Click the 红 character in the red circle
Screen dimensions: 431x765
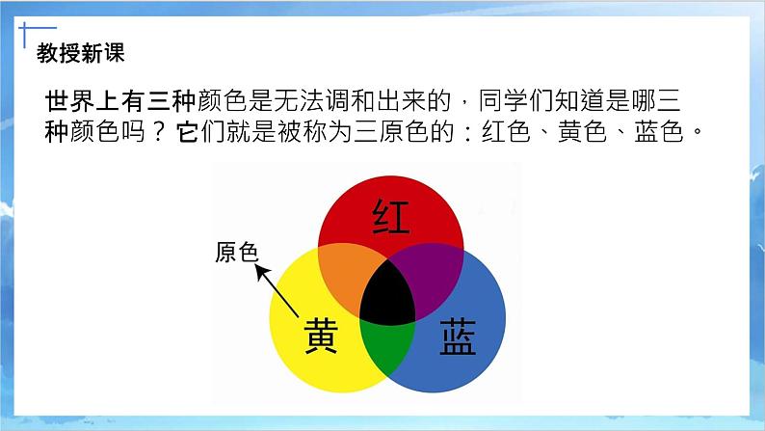[x=391, y=219]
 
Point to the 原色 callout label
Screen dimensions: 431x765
[x=237, y=254]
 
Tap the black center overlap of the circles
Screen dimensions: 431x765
[x=391, y=292]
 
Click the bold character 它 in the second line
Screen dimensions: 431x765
[x=188, y=132]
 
